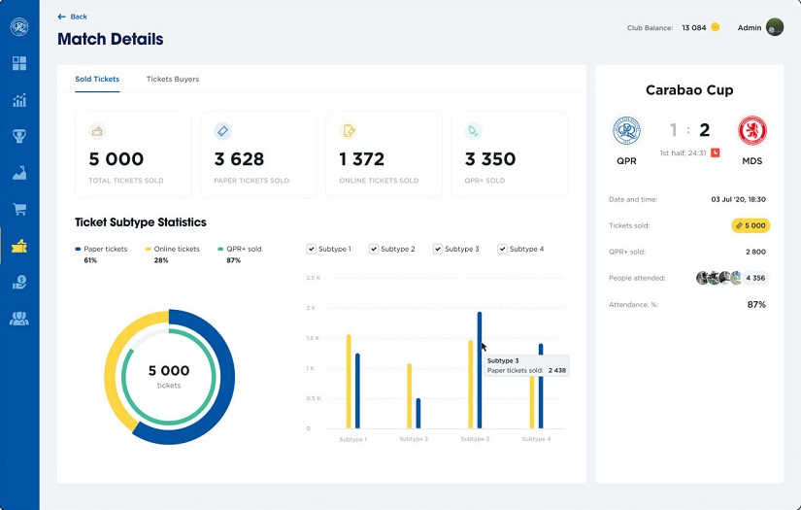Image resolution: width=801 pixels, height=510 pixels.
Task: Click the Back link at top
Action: click(x=73, y=17)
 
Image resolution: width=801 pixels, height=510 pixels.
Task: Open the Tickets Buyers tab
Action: click(x=172, y=79)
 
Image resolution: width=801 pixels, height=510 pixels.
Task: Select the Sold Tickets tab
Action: click(x=97, y=79)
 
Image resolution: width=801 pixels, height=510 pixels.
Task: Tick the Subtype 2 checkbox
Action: click(x=374, y=249)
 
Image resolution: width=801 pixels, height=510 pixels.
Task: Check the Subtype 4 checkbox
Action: click(x=503, y=249)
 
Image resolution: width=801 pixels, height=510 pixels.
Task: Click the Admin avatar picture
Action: click(x=775, y=27)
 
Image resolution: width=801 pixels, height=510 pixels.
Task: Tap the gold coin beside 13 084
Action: click(x=716, y=27)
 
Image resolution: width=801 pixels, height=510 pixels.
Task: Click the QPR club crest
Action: click(x=627, y=130)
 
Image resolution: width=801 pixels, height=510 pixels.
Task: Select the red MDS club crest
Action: click(x=751, y=130)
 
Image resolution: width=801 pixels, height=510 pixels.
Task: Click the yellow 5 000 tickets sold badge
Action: click(x=750, y=225)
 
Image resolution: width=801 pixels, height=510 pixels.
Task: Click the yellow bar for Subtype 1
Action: click(x=349, y=381)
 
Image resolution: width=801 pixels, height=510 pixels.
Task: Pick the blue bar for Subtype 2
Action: click(x=418, y=413)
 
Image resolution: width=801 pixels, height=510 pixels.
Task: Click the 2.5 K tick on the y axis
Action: click(x=313, y=278)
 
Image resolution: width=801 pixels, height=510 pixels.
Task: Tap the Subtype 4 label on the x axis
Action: click(x=535, y=439)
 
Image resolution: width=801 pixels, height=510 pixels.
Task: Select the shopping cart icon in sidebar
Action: click(x=18, y=210)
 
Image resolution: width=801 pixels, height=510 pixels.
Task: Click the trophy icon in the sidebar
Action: click(x=18, y=136)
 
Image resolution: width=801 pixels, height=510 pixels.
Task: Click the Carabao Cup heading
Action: click(x=689, y=90)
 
